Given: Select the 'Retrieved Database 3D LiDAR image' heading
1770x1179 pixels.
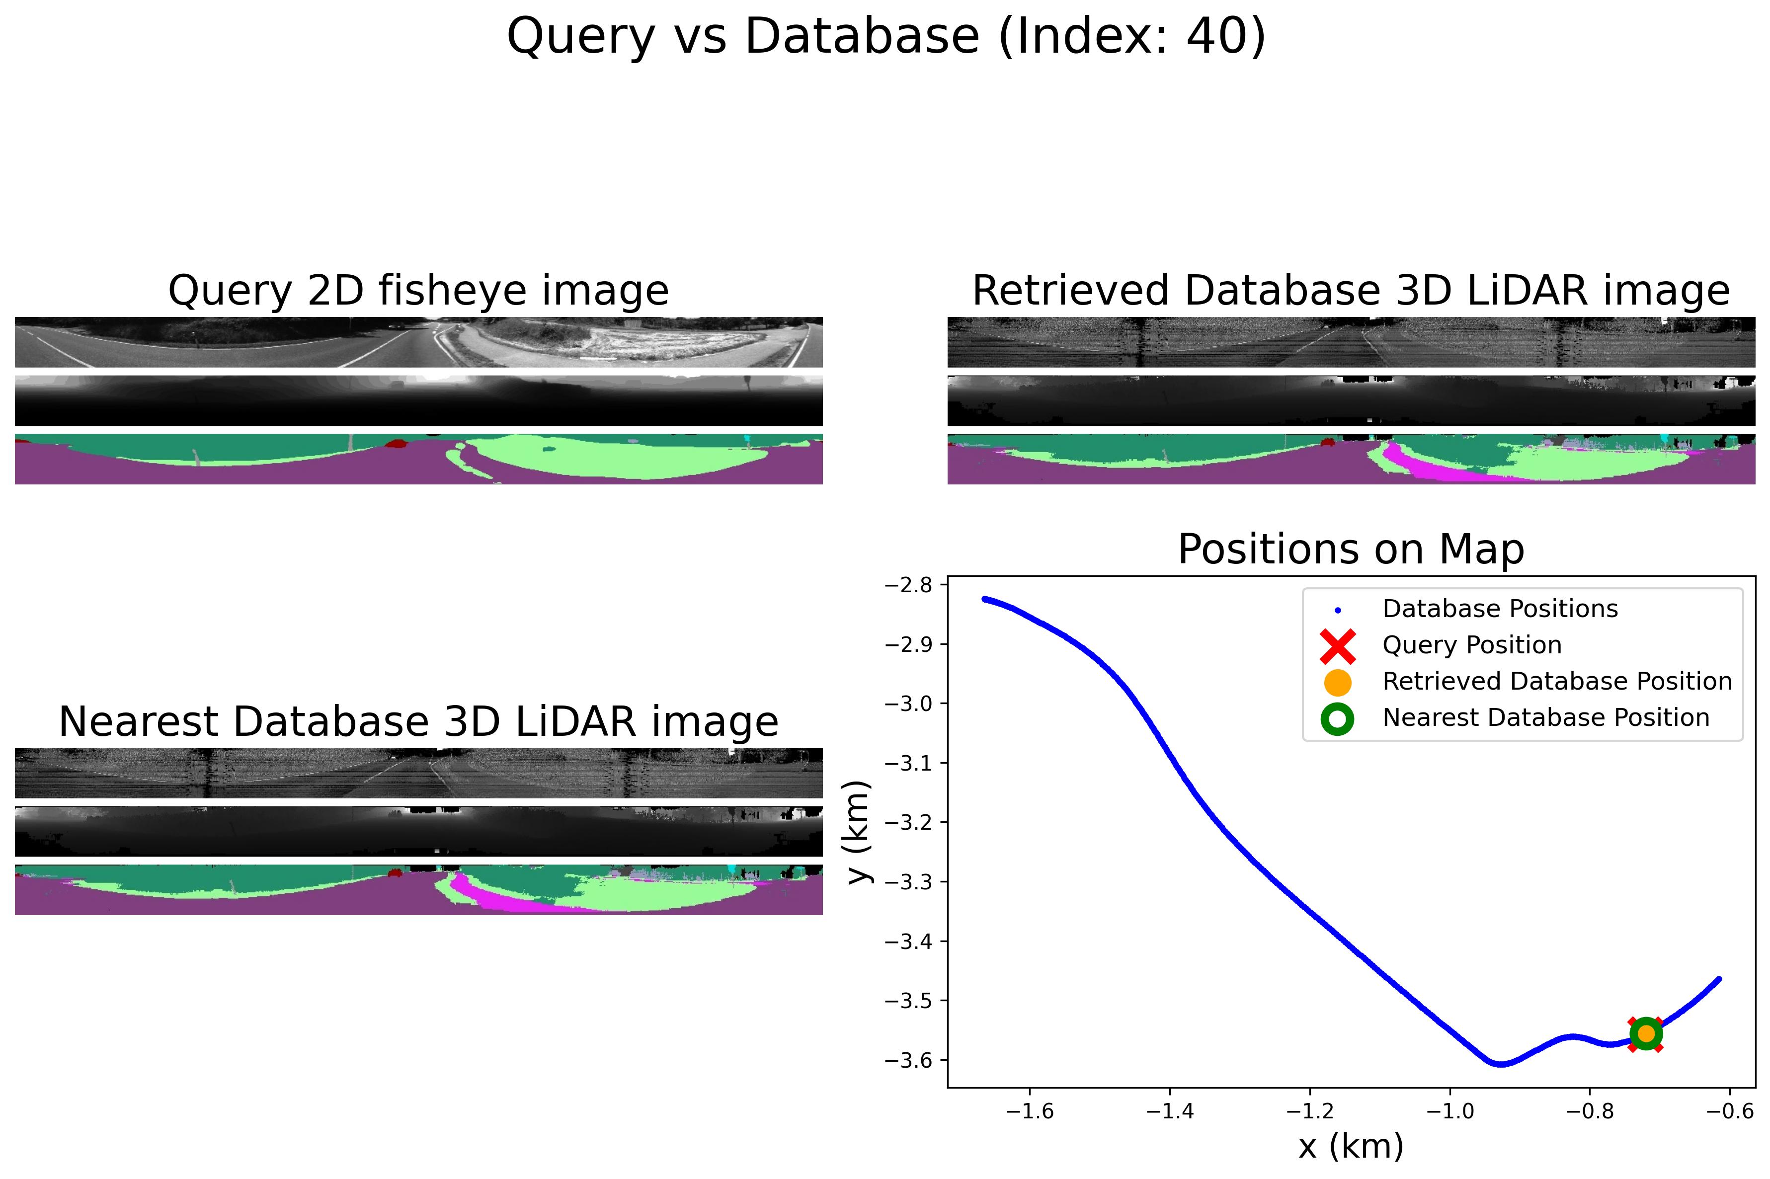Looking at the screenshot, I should (x=1351, y=291).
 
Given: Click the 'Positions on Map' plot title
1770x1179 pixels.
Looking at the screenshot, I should (x=1351, y=550).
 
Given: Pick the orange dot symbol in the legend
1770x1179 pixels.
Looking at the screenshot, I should (x=1338, y=682).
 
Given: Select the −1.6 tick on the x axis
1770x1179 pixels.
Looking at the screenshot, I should (x=1030, y=1111).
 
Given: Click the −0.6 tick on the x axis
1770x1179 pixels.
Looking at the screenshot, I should (x=1730, y=1111).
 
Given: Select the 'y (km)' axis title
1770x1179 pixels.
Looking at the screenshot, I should (x=859, y=832).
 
